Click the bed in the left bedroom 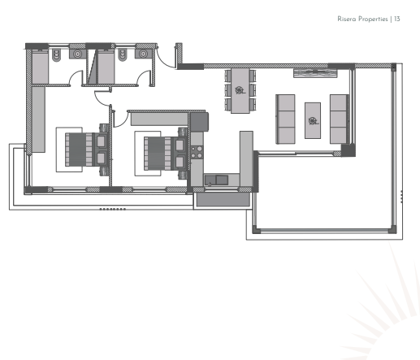pyautogui.click(x=84, y=149)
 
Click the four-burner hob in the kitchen pyautogui.click(x=195, y=149)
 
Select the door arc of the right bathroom pyautogui.click(x=145, y=79)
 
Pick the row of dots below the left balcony pyautogui.click(x=112, y=209)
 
